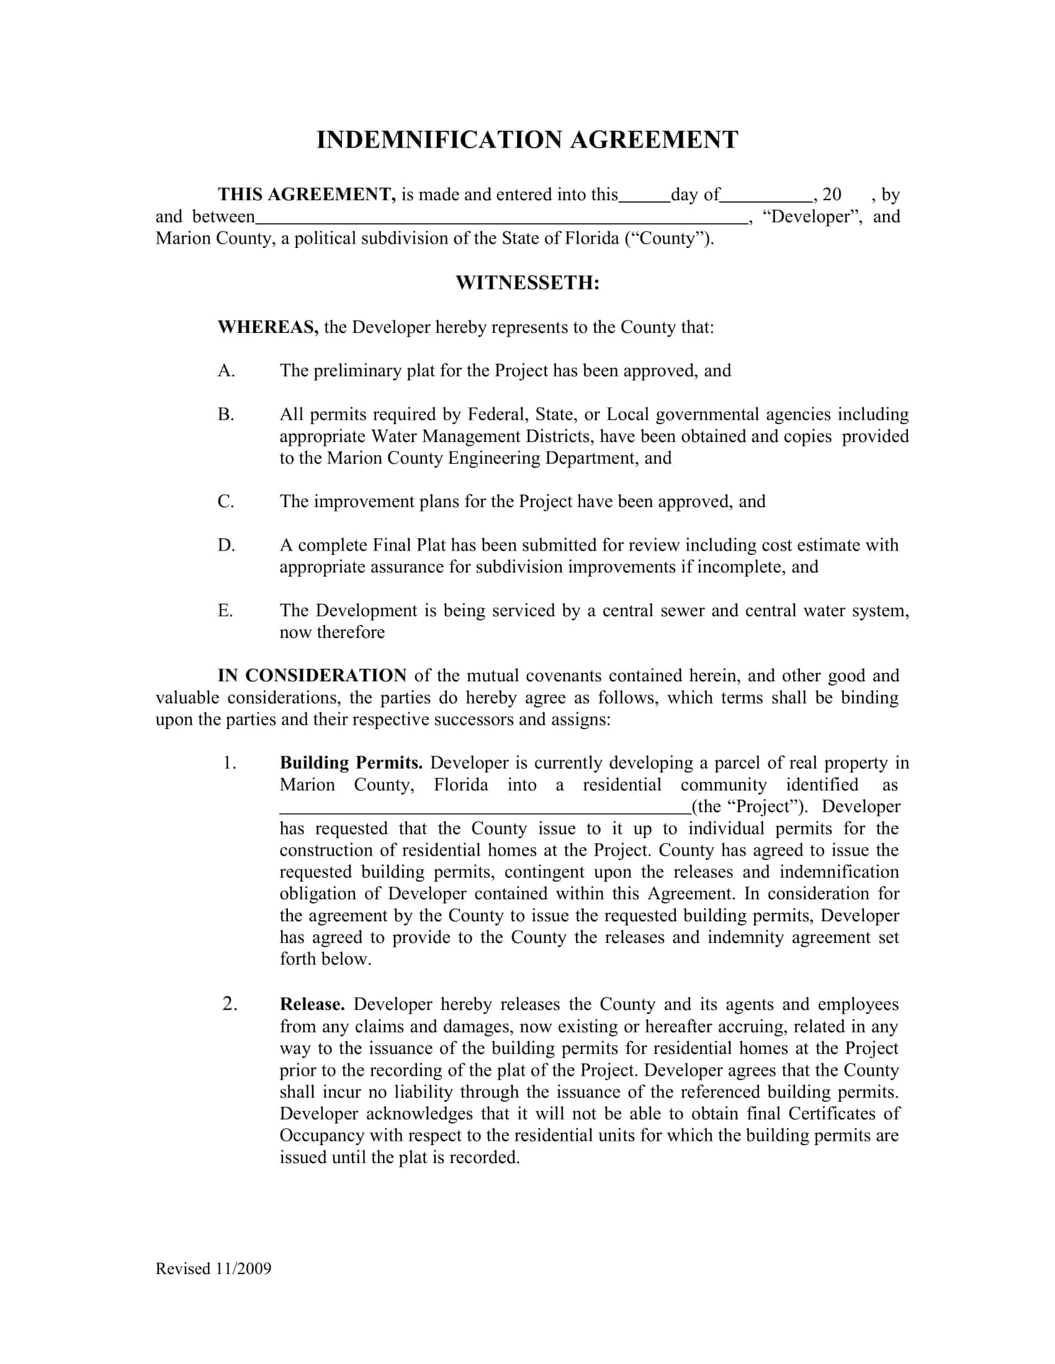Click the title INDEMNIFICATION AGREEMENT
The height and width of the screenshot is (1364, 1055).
(x=527, y=139)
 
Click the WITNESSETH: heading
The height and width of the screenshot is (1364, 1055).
(x=527, y=283)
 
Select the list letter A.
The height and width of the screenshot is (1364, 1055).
(x=227, y=371)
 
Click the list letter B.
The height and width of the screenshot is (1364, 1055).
(x=226, y=415)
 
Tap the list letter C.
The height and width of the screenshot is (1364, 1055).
(x=226, y=502)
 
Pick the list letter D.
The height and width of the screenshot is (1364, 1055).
(x=226, y=545)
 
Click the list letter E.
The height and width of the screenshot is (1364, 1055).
(x=225, y=610)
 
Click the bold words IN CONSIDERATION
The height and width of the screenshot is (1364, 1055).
(x=312, y=676)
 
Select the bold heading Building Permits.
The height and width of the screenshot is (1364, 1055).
(x=351, y=763)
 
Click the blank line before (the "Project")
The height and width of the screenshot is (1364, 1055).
(x=485, y=812)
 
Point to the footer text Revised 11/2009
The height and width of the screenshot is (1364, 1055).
(x=213, y=1269)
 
